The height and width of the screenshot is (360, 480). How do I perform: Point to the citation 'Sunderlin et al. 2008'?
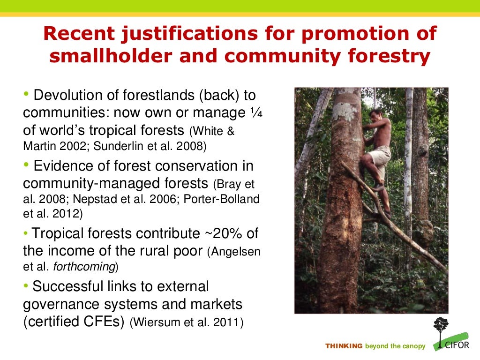(x=150, y=146)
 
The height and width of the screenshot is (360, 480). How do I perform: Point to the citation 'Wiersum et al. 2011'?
(x=187, y=323)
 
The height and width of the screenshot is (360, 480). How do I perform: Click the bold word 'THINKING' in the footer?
(x=344, y=346)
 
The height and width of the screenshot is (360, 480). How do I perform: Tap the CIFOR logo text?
(x=456, y=346)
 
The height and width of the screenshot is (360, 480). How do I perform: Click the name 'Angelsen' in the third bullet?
(x=233, y=251)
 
